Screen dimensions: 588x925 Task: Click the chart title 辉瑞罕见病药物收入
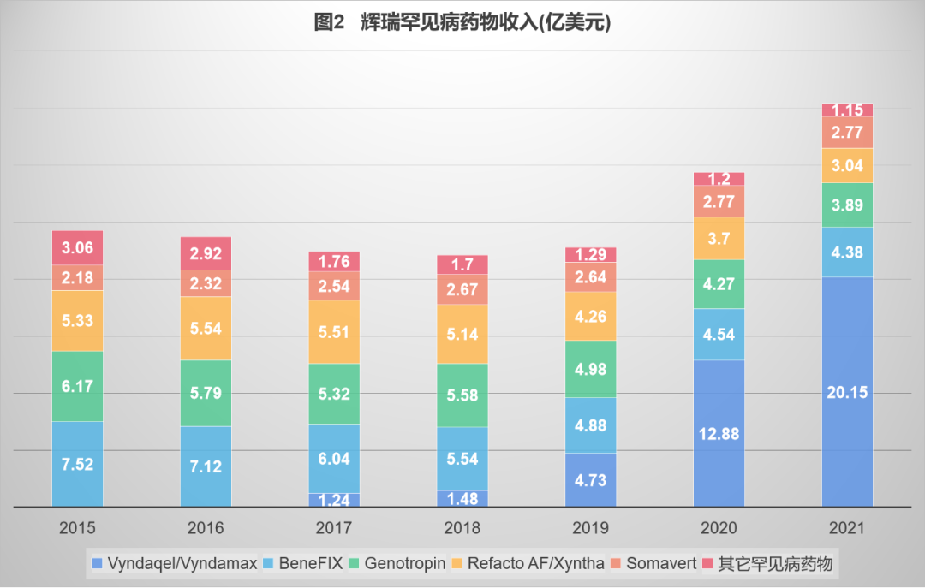coord(462,23)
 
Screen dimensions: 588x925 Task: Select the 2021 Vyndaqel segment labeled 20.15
coord(847,391)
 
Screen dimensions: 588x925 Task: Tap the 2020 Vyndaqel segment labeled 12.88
coord(719,432)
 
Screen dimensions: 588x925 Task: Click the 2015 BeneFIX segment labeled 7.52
coord(77,463)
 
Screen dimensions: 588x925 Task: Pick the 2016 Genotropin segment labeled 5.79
coord(206,393)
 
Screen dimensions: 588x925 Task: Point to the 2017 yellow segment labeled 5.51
coord(334,331)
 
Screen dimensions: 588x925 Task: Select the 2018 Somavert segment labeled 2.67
coord(462,289)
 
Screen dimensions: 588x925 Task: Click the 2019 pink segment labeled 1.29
coord(590,254)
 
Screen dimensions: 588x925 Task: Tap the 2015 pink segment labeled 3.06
coord(77,247)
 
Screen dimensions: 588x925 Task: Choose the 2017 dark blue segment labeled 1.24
coord(334,500)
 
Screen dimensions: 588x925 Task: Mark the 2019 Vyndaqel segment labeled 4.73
coord(590,479)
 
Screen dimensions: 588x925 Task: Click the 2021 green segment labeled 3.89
coord(847,205)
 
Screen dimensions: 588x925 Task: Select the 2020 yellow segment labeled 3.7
coord(719,238)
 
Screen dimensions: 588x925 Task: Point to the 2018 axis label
coord(462,528)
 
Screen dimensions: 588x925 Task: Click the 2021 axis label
coord(847,528)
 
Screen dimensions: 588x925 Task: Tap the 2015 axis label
coord(77,528)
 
